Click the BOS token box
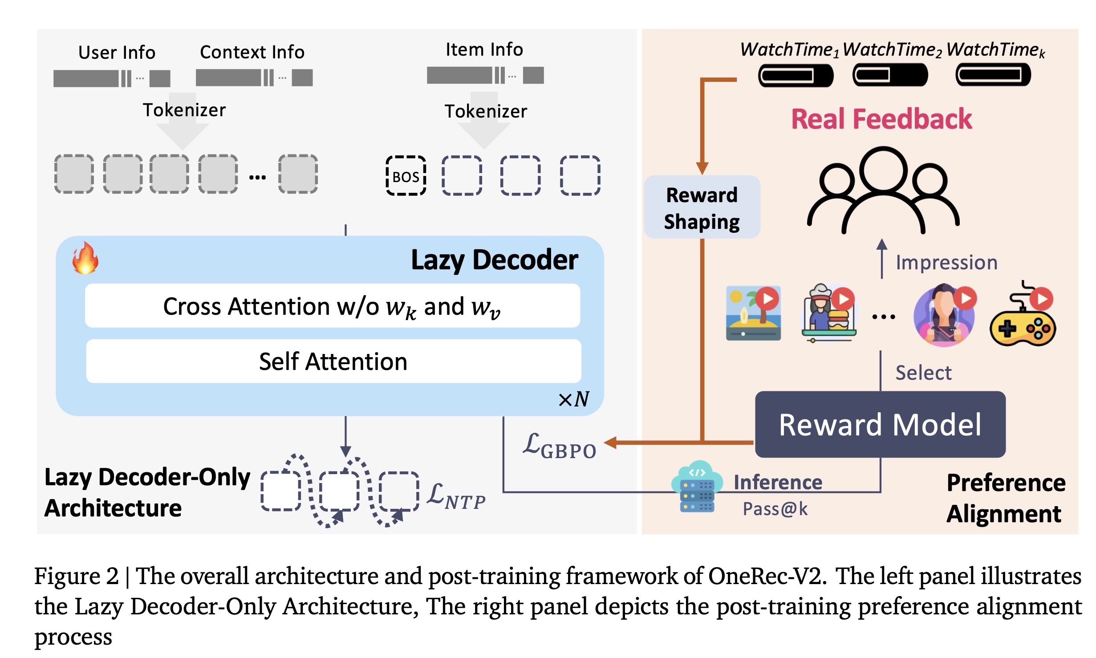(406, 176)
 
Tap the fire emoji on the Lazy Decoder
(85, 258)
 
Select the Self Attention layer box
(333, 361)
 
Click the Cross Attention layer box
(332, 306)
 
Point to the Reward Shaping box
(702, 207)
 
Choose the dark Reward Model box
(880, 424)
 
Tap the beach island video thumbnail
(753, 313)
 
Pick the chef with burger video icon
(828, 313)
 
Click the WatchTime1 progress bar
(796, 75)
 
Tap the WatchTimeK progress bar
(993, 75)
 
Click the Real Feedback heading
(881, 119)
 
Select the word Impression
(946, 263)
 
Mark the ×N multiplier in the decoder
(574, 399)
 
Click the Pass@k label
(775, 509)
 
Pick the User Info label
(117, 53)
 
